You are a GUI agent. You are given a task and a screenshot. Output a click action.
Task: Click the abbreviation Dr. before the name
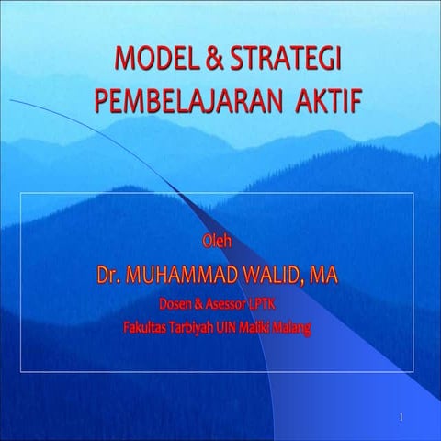tap(109, 274)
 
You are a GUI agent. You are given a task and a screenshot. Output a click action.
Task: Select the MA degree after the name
tap(323, 274)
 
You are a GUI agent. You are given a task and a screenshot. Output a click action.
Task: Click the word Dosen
tap(177, 300)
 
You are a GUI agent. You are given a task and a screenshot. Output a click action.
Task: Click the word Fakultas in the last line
tap(149, 322)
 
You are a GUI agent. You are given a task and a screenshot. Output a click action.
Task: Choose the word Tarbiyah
tap(199, 322)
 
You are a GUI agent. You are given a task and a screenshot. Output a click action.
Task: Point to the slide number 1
tap(401, 418)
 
